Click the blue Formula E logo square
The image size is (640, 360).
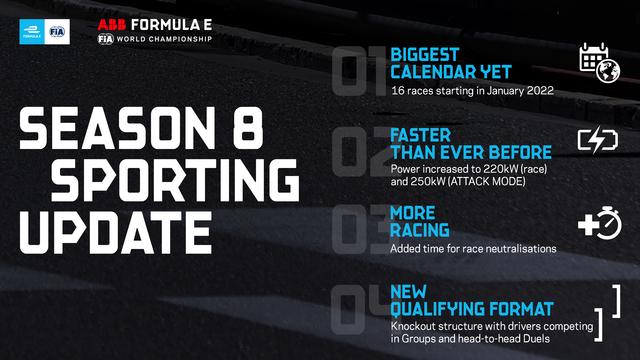tap(32, 31)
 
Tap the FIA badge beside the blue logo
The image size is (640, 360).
tap(57, 31)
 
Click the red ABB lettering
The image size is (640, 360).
tap(111, 25)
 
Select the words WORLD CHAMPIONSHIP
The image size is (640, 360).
tap(164, 39)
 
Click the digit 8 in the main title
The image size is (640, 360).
tap(248, 128)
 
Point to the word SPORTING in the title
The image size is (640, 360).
tap(175, 180)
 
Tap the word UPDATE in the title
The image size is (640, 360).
tap(116, 232)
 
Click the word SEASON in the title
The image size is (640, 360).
tap(117, 128)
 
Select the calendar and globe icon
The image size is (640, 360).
tap(599, 62)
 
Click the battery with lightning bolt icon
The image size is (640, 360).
tap(598, 140)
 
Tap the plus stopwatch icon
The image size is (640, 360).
tap(600, 223)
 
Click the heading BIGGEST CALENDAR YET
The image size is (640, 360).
tap(451, 63)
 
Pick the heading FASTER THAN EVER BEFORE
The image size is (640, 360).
tap(471, 144)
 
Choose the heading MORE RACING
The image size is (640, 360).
tap(420, 221)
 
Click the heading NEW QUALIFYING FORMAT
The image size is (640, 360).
tap(472, 300)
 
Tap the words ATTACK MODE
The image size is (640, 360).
tap(487, 181)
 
